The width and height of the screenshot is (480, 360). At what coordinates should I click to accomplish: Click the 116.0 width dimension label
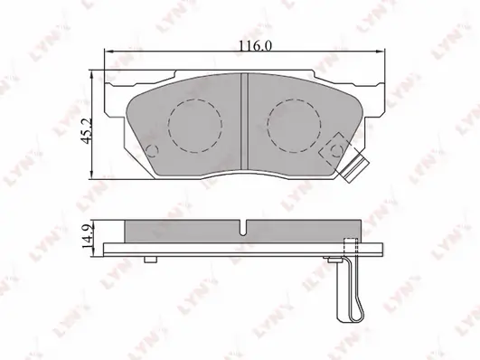coord(255,46)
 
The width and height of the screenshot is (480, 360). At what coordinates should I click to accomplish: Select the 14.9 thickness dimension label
coord(88,235)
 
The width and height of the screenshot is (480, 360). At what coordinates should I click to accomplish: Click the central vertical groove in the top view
coord(244,121)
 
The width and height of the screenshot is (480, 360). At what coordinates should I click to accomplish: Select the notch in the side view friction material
coord(243,228)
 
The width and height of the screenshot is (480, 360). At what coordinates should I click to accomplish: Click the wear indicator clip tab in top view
coord(355,169)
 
